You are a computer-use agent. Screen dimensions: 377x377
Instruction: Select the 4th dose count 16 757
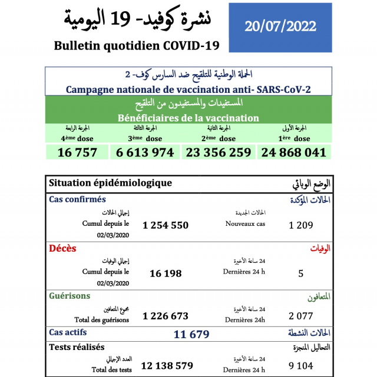pos(77,152)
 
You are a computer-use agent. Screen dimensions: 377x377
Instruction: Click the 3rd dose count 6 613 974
pos(145,152)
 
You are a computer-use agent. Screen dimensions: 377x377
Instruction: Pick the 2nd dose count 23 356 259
pos(219,152)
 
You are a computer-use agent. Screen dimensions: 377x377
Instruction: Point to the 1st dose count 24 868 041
pos(292,152)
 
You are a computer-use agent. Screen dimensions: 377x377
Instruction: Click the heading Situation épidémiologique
pos(111,183)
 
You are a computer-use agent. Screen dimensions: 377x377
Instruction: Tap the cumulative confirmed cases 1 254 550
pos(166,225)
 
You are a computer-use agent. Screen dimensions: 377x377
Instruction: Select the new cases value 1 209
pos(300,225)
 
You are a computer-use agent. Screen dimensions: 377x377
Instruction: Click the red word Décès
pos(62,248)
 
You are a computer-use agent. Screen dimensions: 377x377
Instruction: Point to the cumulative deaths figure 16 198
pos(166,273)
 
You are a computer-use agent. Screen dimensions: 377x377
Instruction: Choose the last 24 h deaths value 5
pos(300,273)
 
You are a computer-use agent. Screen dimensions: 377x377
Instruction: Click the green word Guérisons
pos(70,296)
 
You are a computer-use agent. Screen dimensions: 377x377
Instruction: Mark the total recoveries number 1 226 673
pos(166,316)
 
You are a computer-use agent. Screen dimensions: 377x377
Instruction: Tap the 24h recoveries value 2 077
pos(300,316)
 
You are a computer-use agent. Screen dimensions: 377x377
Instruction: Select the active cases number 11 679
pos(192,335)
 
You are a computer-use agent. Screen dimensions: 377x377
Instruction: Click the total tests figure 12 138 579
pos(168,366)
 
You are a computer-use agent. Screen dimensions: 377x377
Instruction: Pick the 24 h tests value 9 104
pos(300,366)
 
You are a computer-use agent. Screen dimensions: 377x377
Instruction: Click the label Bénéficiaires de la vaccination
pos(188,118)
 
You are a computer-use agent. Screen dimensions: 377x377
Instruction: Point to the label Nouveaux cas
pos(245,224)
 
